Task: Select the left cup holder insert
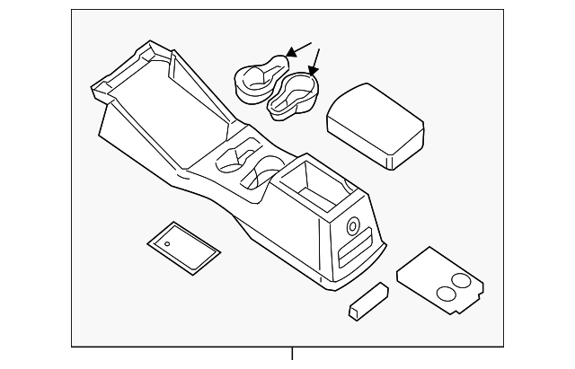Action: click(258, 78)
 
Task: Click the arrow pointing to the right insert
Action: click(316, 60)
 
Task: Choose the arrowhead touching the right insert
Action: click(311, 71)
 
